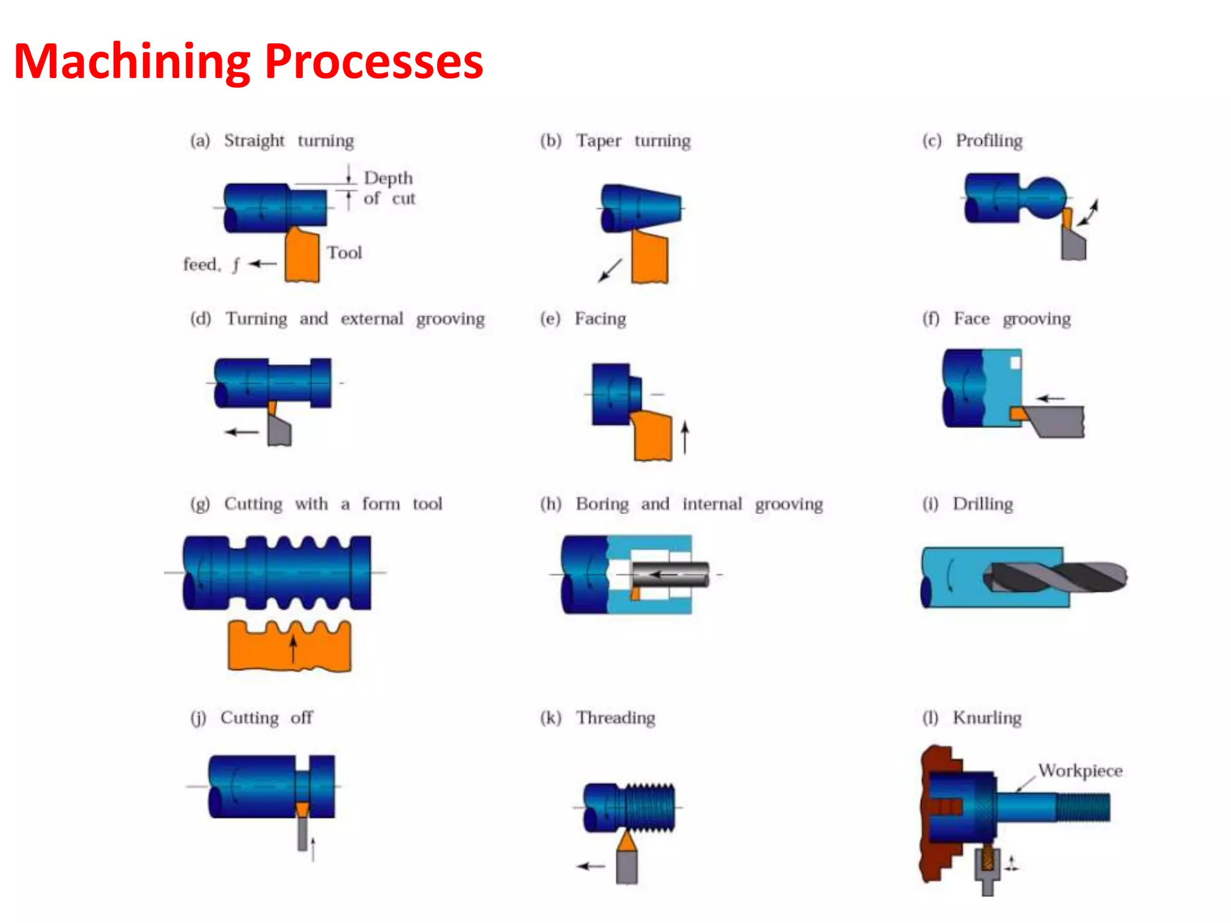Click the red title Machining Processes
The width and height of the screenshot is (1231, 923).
248,62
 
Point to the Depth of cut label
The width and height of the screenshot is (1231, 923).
389,188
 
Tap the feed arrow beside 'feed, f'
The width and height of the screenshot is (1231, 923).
262,264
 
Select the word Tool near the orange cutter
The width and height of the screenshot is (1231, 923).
344,253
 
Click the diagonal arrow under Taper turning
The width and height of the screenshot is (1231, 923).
609,270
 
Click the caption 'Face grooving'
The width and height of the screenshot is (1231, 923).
1012,319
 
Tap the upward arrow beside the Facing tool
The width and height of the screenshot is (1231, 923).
685,437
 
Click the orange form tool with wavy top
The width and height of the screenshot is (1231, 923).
289,648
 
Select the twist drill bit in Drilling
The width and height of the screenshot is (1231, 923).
1056,577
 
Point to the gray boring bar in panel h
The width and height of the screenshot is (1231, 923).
670,574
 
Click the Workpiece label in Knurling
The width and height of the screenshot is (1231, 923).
1080,771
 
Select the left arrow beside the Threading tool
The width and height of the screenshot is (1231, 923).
591,866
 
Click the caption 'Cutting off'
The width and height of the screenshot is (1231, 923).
266,718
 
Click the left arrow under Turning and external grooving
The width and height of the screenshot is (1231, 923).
242,432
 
